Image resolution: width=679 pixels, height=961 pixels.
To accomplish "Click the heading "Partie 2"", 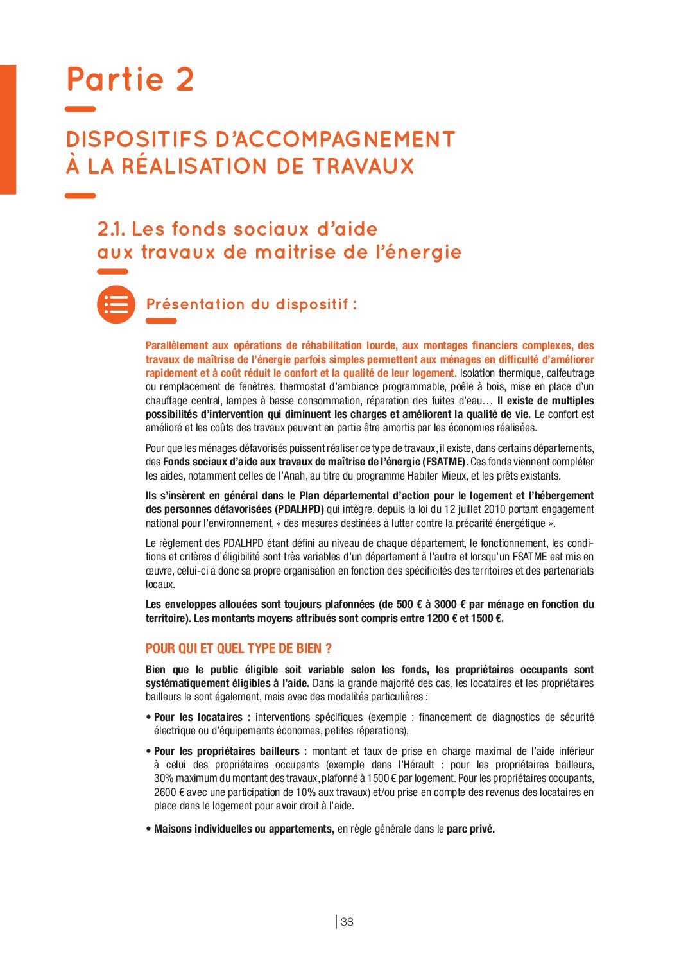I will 130,80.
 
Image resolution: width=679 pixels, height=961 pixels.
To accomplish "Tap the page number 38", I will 347,922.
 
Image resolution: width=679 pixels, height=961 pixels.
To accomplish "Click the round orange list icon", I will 116,304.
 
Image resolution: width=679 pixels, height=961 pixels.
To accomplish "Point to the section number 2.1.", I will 112,229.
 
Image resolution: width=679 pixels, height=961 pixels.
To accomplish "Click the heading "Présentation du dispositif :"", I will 252,304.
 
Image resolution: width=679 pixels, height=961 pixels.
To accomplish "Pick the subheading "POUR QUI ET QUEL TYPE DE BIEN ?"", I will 239,648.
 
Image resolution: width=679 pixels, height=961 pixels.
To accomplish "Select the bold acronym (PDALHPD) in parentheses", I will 299,510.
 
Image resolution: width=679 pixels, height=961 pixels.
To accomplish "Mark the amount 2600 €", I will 169,793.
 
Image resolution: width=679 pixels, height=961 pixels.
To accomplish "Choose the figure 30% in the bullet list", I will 163,779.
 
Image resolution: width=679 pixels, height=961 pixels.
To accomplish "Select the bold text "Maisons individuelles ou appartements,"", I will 244,829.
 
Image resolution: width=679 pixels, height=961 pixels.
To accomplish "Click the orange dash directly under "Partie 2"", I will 80,110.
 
